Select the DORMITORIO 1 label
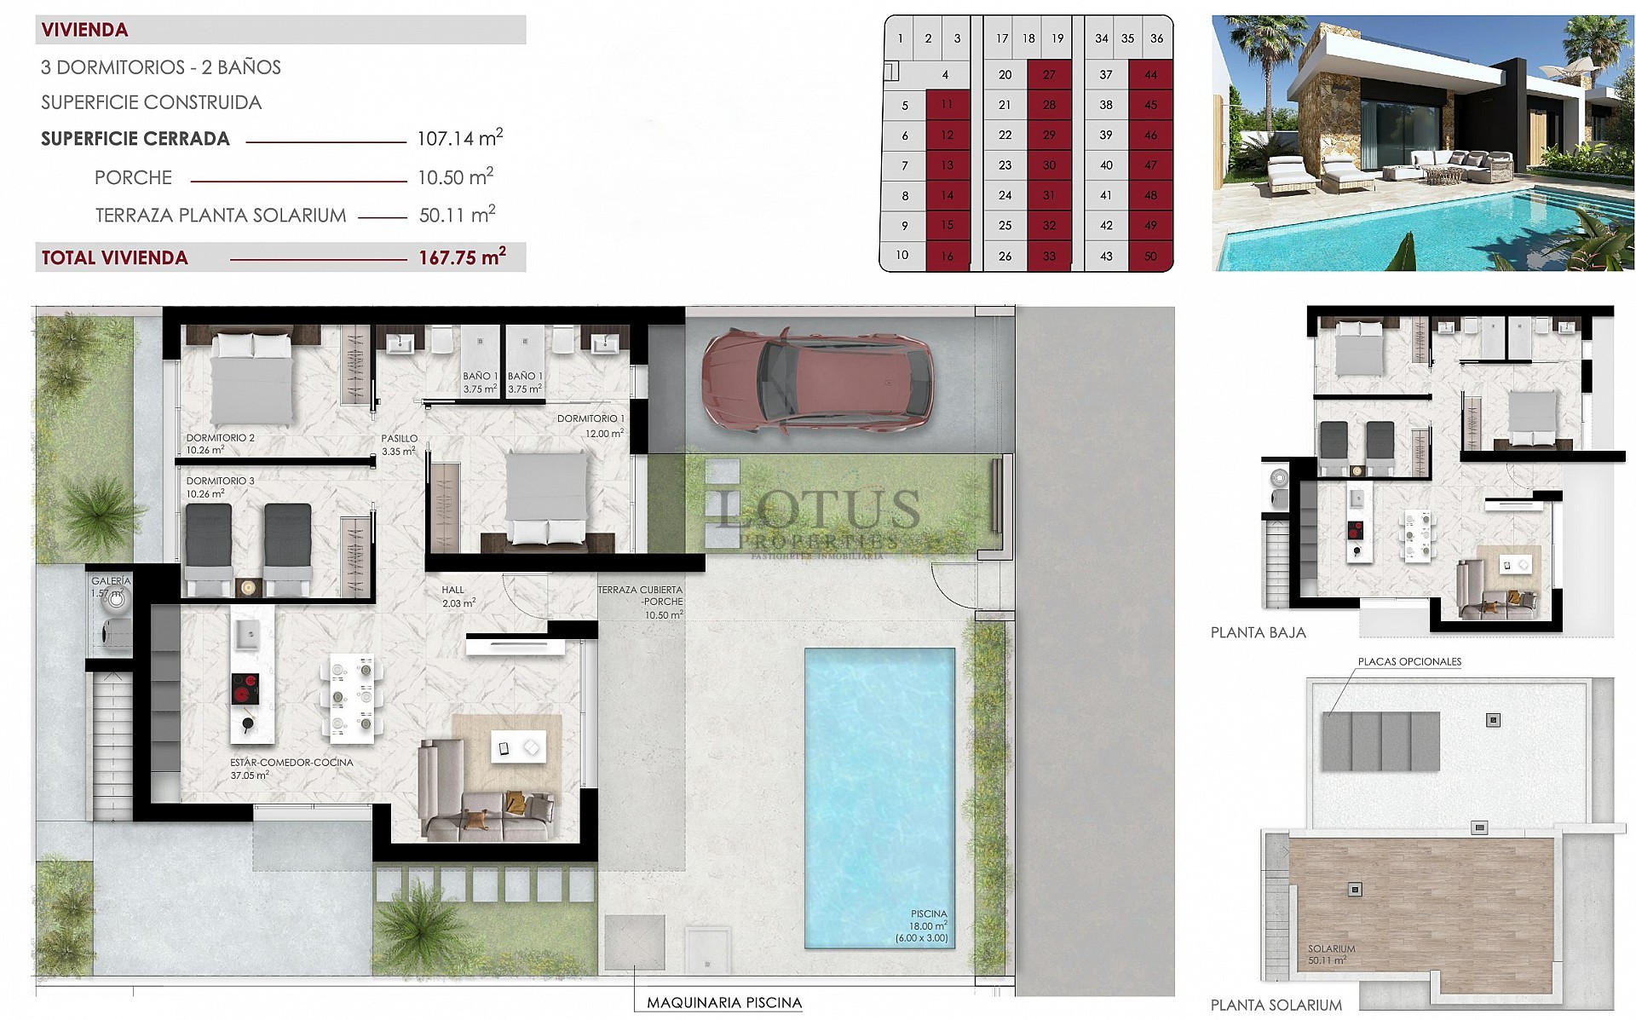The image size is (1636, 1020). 590,418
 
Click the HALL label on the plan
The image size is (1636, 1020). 453,590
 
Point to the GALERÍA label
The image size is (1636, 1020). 111,581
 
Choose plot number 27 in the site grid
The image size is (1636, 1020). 1049,75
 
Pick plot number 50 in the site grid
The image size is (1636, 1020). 1150,256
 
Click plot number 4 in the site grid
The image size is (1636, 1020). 945,75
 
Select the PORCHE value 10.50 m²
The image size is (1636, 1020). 455,177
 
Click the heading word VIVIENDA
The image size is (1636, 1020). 84,30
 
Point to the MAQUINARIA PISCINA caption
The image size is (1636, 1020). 724,1003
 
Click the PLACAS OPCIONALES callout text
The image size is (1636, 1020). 1409,661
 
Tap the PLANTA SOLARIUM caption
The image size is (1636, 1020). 1276,1006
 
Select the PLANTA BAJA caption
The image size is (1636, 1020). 1258,632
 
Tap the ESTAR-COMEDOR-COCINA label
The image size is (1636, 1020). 291,763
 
